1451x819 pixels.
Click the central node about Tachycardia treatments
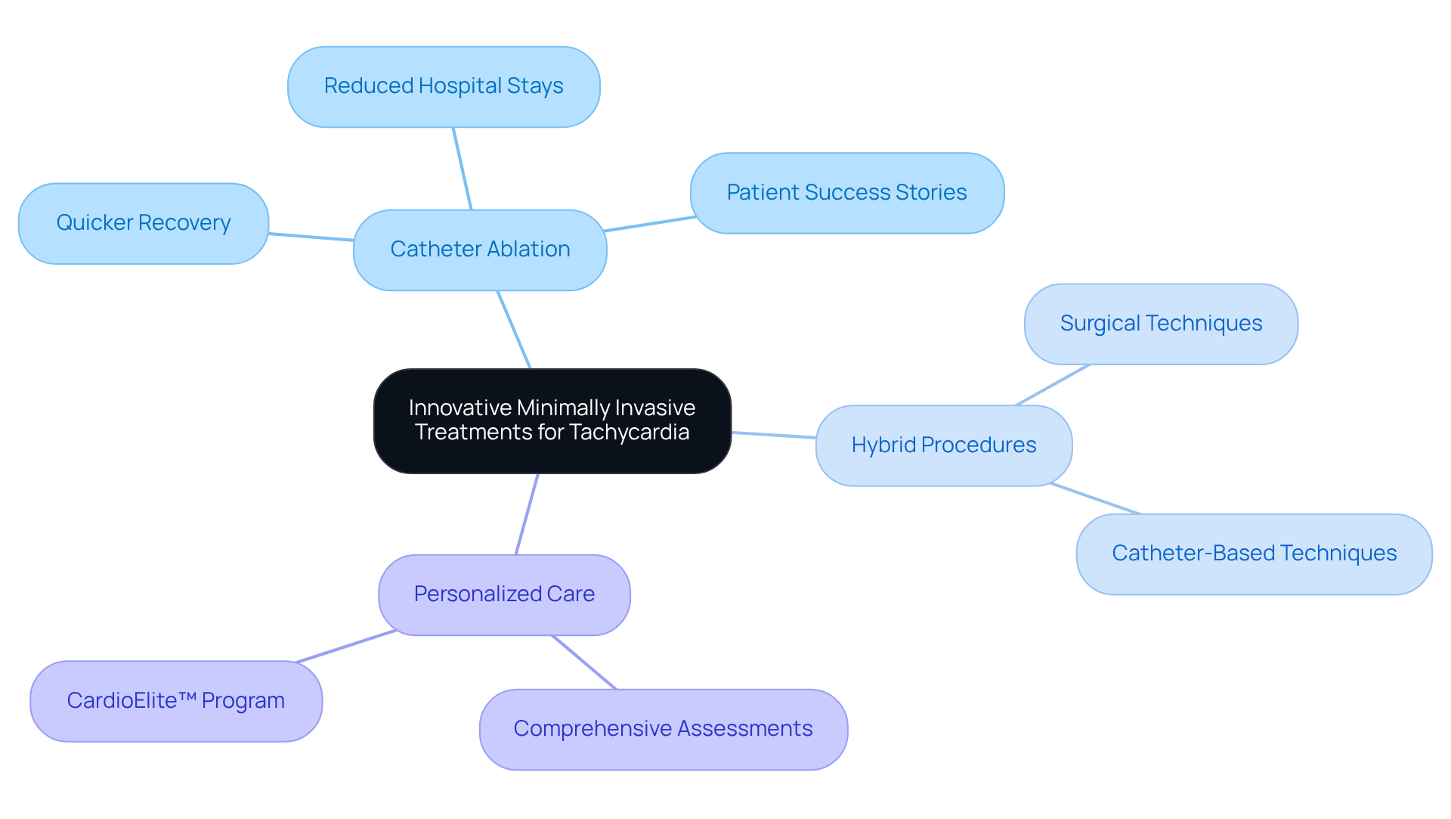pos(552,420)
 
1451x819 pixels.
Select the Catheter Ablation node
pos(480,250)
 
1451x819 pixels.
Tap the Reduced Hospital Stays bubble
pos(444,86)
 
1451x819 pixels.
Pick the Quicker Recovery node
pos(144,223)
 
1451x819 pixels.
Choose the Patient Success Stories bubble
pos(846,193)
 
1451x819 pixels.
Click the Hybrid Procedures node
pos(943,445)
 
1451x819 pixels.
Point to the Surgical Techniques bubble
pos(1161,324)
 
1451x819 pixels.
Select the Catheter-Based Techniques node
pos(1254,554)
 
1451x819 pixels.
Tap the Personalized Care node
pos(504,594)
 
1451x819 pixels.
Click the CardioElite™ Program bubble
pos(176,701)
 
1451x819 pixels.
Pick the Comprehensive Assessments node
pos(663,729)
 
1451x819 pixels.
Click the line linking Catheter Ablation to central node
pos(514,330)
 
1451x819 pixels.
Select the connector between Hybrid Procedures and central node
pos(774,435)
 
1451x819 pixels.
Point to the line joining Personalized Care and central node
pos(527,514)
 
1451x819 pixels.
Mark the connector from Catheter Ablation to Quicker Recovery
pos(311,237)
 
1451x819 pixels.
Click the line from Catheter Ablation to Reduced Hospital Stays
pos(462,168)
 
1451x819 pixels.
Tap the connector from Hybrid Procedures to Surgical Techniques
pos(1052,385)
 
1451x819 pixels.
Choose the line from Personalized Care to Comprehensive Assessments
pos(584,662)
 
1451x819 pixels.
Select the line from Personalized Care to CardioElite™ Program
pos(346,647)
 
